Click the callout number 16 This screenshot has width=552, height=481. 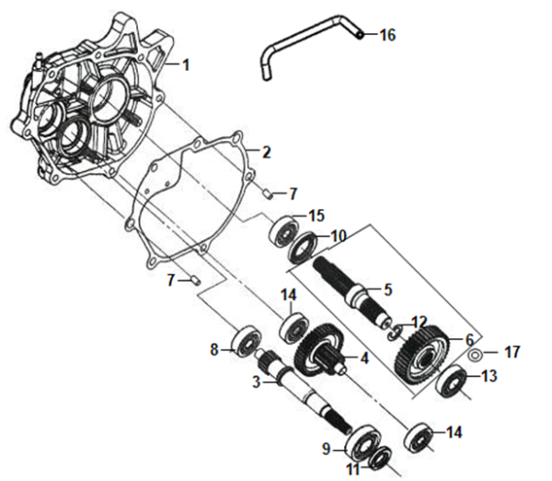386,35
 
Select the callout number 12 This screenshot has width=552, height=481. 420,323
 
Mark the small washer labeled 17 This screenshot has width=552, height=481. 474,353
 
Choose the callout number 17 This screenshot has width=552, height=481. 512,352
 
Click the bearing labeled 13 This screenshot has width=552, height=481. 451,378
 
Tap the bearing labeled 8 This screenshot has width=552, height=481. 246,340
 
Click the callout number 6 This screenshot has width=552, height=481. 469,340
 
